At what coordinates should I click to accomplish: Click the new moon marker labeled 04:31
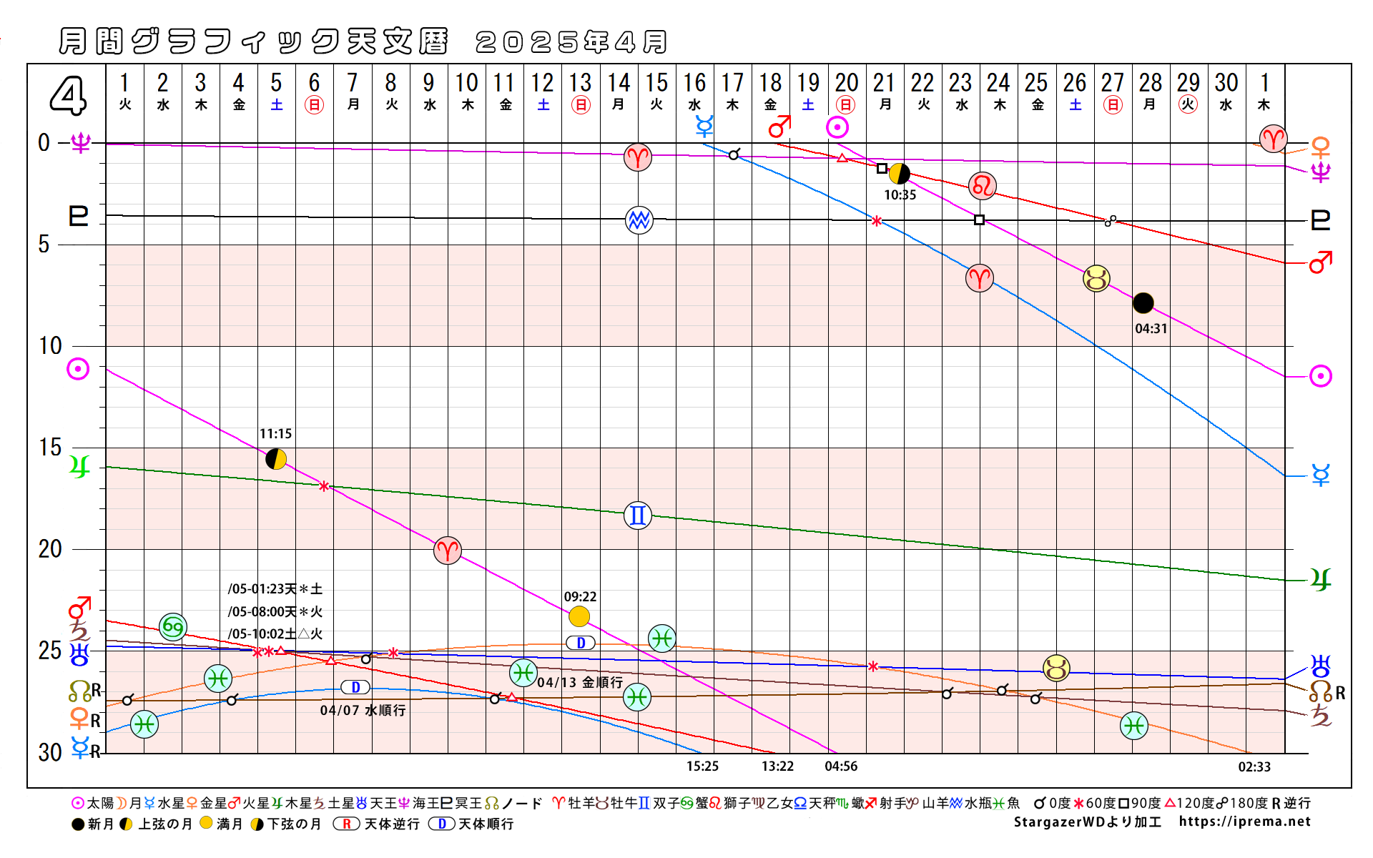(1143, 303)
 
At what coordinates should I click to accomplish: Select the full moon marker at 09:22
(579, 616)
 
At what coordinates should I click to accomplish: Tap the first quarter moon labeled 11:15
(276, 459)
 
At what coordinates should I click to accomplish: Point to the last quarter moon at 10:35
(899, 173)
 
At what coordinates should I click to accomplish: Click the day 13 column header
(581, 92)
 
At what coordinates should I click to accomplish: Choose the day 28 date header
(1150, 92)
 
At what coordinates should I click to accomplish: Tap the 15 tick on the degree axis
(50, 448)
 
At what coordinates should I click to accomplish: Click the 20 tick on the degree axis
(50, 549)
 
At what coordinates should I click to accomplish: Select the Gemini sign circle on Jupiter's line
(637, 515)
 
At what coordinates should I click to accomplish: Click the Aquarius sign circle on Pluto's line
(639, 220)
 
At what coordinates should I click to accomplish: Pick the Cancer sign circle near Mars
(173, 627)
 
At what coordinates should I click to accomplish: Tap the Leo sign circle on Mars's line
(983, 186)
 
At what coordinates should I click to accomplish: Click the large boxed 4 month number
(68, 96)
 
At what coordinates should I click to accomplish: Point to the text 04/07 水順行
(363, 710)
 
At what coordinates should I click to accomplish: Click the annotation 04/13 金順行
(580, 682)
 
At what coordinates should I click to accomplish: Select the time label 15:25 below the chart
(702, 766)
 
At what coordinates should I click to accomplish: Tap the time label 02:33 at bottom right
(1254, 767)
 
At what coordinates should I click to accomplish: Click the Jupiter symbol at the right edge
(1320, 579)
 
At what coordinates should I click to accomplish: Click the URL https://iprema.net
(1244, 822)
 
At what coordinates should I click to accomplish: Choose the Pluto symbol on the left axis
(79, 215)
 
